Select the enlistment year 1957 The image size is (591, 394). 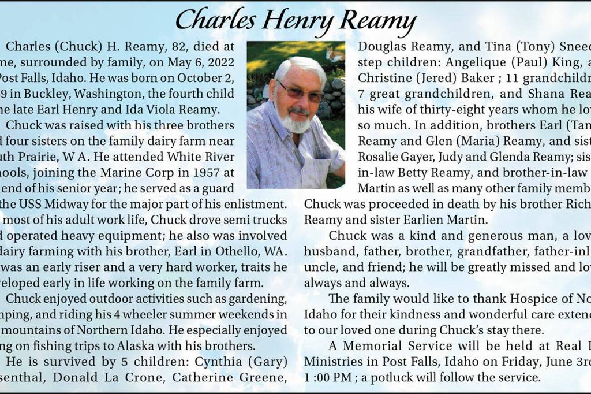[201, 172]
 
